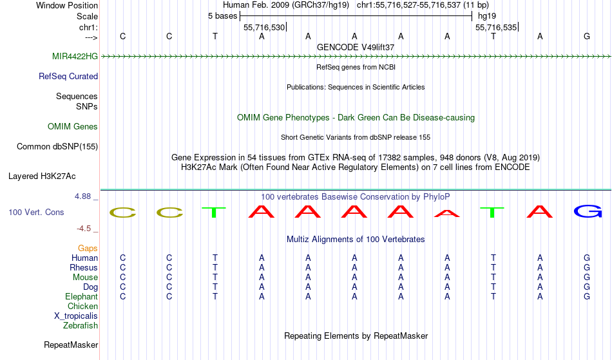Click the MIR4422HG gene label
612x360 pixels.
pyautogui.click(x=75, y=57)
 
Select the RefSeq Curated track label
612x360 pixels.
pyautogui.click(x=68, y=77)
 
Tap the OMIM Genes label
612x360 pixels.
pyautogui.click(x=73, y=127)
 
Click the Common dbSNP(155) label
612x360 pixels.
pyautogui.click(x=57, y=147)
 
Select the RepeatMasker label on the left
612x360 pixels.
pyautogui.click(x=71, y=345)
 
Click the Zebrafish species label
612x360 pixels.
pyautogui.click(x=81, y=326)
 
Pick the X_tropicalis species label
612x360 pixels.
pyautogui.click(x=76, y=316)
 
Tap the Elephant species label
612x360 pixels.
pyautogui.click(x=81, y=297)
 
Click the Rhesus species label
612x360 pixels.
pyautogui.click(x=84, y=268)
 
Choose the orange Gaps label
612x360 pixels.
pyautogui.click(x=88, y=249)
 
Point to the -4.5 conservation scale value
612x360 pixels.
pyautogui.click(x=84, y=229)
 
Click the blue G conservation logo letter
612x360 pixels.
pyautogui.click(x=587, y=211)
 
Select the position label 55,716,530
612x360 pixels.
pyautogui.click(x=263, y=28)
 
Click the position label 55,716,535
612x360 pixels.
pyautogui.click(x=495, y=28)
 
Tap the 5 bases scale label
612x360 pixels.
pyautogui.click(x=222, y=16)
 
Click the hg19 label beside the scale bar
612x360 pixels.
pyautogui.click(x=487, y=16)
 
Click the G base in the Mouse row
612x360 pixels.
pyautogui.click(x=587, y=278)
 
